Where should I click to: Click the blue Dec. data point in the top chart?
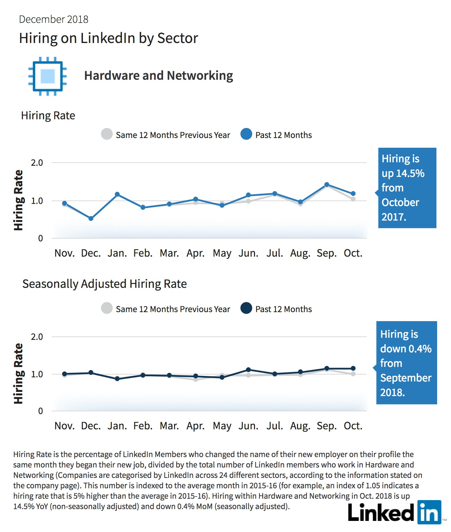click(x=91, y=218)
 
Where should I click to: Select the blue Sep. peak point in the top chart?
click(x=327, y=185)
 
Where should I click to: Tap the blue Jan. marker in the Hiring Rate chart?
click(x=117, y=194)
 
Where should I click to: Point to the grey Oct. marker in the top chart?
click(x=353, y=199)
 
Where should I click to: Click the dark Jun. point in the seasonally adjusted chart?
click(x=248, y=370)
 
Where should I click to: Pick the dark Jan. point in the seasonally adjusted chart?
click(x=117, y=379)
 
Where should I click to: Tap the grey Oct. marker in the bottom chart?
click(x=353, y=374)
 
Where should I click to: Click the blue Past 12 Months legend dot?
click(x=246, y=134)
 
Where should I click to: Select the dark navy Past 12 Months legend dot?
click(x=246, y=308)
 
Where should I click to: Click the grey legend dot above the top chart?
click(x=107, y=134)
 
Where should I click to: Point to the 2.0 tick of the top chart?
click(x=37, y=163)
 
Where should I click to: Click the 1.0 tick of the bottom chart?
click(x=37, y=374)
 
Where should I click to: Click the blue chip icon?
click(x=48, y=76)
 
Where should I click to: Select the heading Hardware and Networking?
click(x=159, y=76)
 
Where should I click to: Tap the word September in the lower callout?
click(x=406, y=378)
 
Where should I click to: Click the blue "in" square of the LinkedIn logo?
click(x=429, y=512)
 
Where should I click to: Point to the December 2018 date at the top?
click(x=53, y=19)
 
